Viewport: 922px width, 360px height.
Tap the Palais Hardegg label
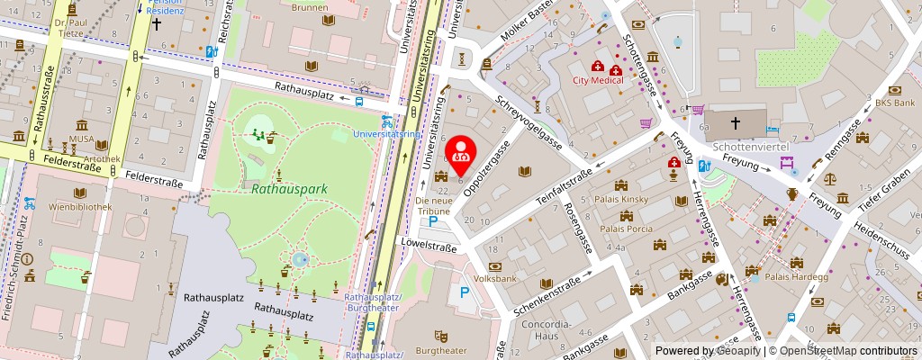pos(796,276)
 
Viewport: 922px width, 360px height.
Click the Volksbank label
pos(495,279)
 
